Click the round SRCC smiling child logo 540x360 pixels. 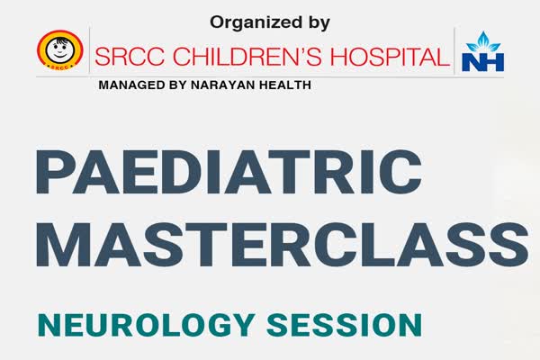pos(60,50)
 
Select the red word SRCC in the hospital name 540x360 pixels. pos(130,57)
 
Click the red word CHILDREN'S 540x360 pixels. pos(247,57)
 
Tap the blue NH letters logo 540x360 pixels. pos(482,62)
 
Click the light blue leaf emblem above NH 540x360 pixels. pos(482,41)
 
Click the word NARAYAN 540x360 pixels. pos(222,85)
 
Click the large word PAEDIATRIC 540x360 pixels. pos(229,172)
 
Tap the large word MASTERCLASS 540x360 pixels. pos(283,245)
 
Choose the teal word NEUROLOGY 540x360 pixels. pos(147,325)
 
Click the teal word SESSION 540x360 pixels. pos(344,325)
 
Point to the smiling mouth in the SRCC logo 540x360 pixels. pos(59,55)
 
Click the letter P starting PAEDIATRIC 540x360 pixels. pos(56,172)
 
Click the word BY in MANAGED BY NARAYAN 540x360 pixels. pos(177,85)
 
